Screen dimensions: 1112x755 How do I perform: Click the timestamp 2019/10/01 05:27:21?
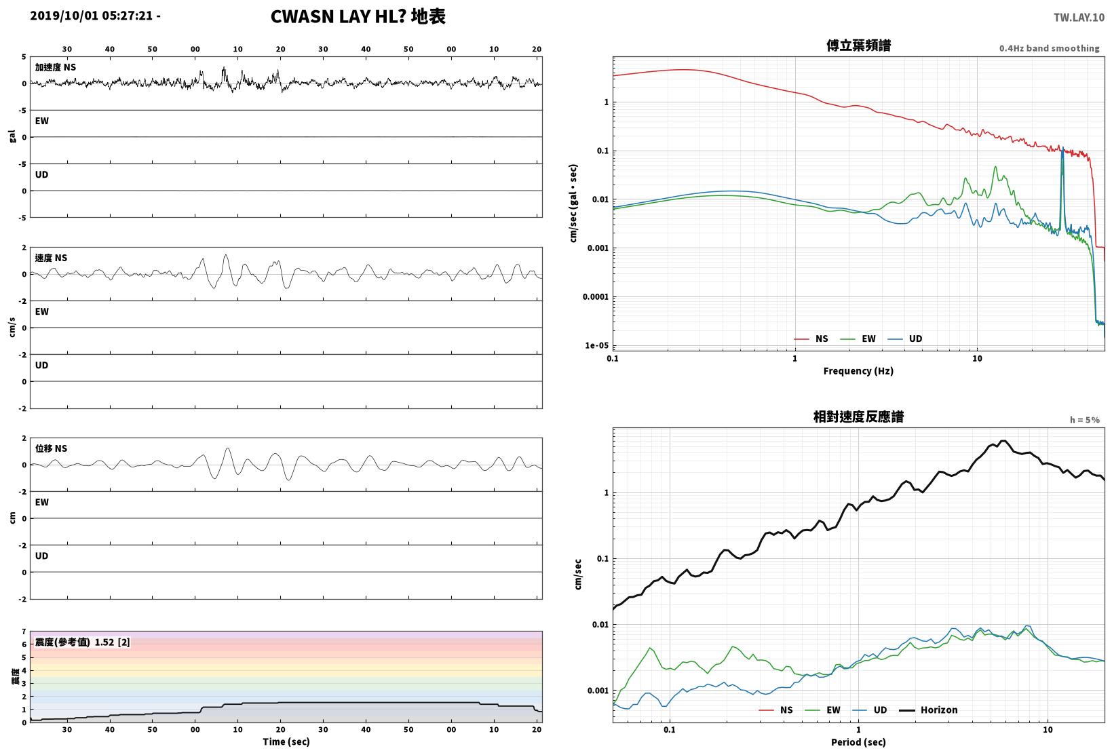[x=91, y=16]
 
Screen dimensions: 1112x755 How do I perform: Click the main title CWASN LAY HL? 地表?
[x=358, y=16]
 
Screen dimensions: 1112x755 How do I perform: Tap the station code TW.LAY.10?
[x=1079, y=18]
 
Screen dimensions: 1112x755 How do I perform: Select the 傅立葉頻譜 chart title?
[x=858, y=45]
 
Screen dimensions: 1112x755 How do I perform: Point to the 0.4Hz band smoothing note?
[x=1049, y=48]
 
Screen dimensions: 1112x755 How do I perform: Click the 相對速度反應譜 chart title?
[x=858, y=417]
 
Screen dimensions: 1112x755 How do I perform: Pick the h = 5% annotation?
[x=1085, y=420]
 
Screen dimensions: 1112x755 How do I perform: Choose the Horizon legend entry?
[x=939, y=710]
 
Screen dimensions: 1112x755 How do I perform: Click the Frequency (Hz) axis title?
[x=858, y=371]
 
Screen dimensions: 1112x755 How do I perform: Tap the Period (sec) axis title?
[x=858, y=742]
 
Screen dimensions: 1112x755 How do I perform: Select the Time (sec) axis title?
[x=286, y=741]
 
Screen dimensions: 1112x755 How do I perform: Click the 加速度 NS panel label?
[x=56, y=67]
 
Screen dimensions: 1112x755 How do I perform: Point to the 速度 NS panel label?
[x=51, y=258]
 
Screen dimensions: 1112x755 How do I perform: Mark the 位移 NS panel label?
[x=51, y=448]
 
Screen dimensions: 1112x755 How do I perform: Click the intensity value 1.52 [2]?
[x=112, y=642]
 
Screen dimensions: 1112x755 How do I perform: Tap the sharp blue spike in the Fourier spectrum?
[x=1062, y=149]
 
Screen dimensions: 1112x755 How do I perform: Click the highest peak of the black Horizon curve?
[x=1003, y=441]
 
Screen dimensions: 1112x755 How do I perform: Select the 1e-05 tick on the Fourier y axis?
[x=596, y=345]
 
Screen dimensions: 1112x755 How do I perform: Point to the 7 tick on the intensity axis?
[x=24, y=632]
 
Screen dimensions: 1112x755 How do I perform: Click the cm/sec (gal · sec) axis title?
[x=573, y=204]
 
